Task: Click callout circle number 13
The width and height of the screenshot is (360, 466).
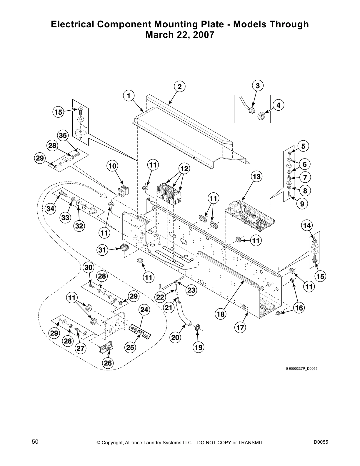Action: (x=256, y=177)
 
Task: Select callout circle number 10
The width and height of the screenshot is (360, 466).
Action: (x=112, y=166)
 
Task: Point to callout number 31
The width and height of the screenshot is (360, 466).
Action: (x=102, y=250)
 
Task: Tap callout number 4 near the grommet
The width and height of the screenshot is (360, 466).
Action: (x=278, y=105)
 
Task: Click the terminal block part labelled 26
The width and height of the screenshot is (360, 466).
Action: (x=106, y=347)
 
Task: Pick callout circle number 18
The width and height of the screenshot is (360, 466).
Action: (x=221, y=314)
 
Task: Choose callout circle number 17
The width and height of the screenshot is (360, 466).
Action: (x=240, y=327)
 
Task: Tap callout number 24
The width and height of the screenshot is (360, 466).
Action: (x=144, y=310)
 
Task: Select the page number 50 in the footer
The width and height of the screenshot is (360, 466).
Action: (x=35, y=442)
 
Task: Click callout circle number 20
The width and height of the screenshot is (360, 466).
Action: (x=175, y=337)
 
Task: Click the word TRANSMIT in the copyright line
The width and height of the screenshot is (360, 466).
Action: (x=249, y=443)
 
